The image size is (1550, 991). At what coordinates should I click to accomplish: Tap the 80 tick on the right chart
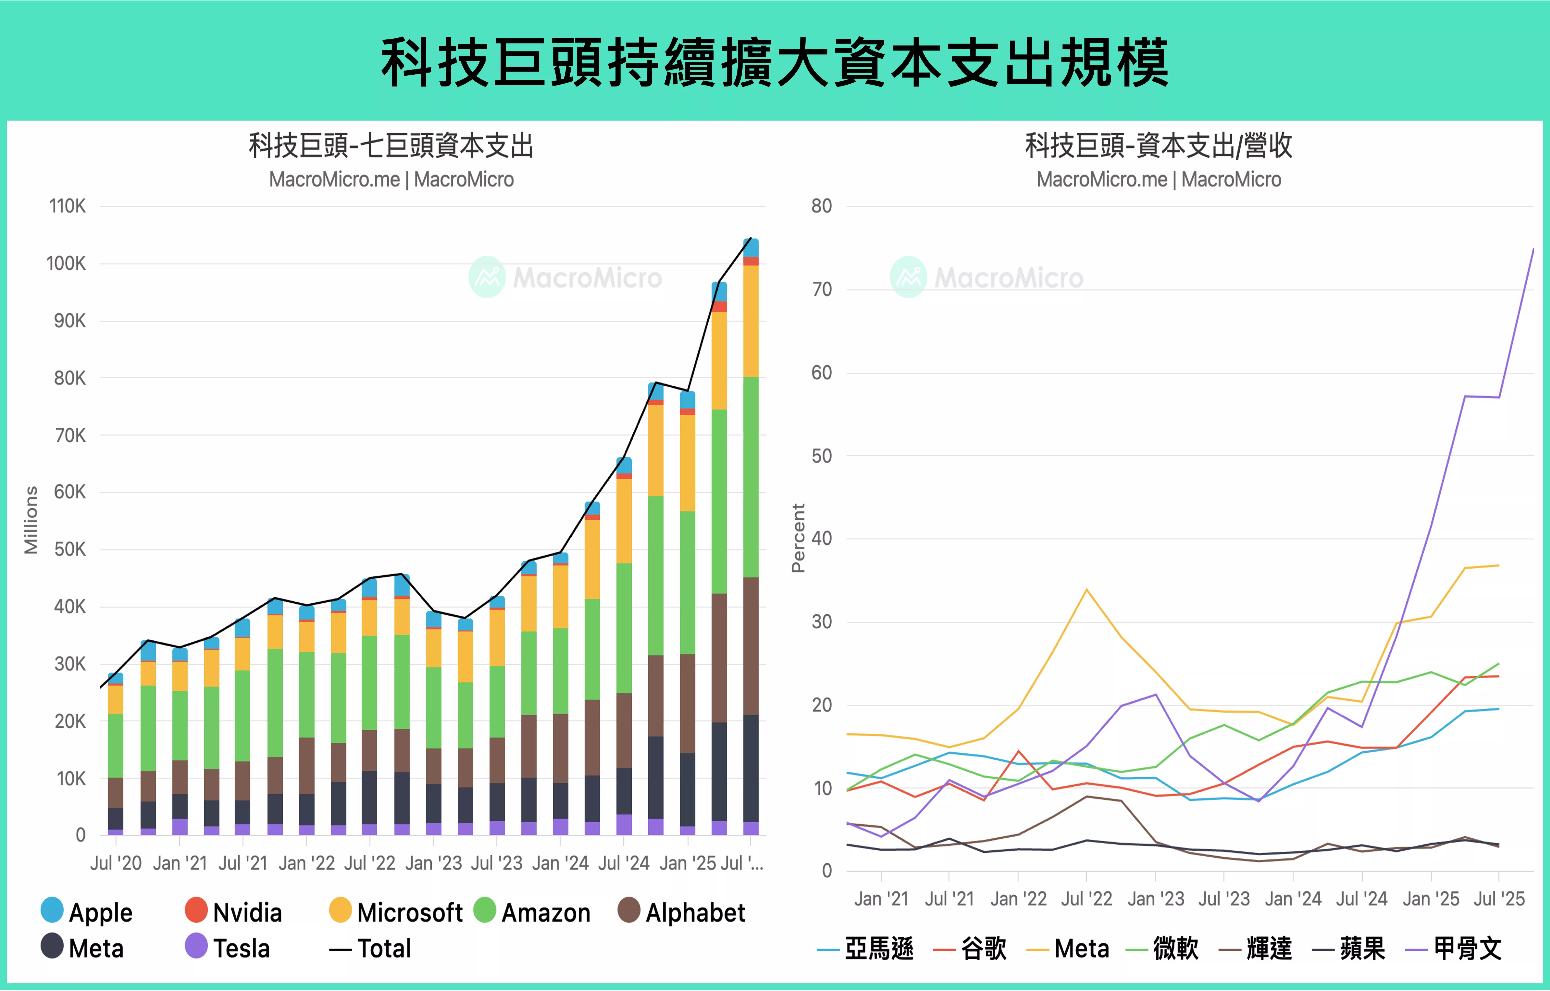821,206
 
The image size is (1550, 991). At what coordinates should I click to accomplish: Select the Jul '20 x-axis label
116,863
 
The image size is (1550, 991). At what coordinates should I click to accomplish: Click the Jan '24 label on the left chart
560,863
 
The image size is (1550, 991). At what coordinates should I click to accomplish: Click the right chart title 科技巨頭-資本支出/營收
1159,145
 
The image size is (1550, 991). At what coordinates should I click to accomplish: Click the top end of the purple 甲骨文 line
1533,249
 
